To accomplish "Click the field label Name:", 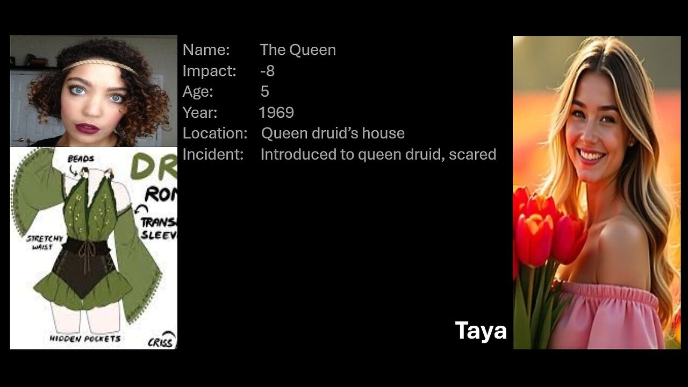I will [x=206, y=50].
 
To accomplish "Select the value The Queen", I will [x=298, y=50].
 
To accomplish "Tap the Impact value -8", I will [x=267, y=71].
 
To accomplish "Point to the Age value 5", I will [x=264, y=91].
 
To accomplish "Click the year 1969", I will [x=276, y=112].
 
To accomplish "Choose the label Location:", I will [x=214, y=133].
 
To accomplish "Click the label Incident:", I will [x=213, y=154].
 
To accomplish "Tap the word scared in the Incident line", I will [x=472, y=154].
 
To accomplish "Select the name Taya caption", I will [x=481, y=331].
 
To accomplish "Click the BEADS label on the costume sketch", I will [x=81, y=159].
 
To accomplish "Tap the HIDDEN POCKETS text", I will [x=85, y=339].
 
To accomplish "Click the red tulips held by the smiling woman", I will [x=543, y=231].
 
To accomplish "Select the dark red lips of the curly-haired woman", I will [x=87, y=128].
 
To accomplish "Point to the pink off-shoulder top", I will [x=607, y=317].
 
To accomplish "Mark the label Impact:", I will [x=209, y=71].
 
